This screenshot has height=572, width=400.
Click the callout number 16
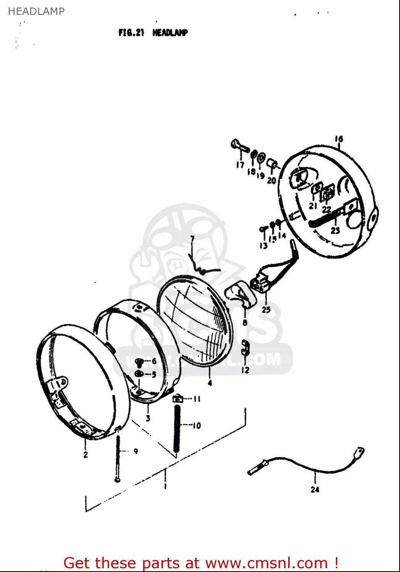(339, 139)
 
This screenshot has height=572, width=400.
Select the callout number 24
(315, 489)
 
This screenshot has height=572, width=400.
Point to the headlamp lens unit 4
(195, 320)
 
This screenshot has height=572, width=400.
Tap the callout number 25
(266, 310)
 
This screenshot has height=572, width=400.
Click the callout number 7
(192, 239)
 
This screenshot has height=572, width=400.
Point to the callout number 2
(85, 454)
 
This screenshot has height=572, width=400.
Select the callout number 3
(148, 418)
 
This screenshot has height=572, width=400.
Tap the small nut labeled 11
(177, 399)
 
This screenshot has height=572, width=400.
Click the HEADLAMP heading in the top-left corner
(36, 11)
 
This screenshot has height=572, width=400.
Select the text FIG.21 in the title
(131, 33)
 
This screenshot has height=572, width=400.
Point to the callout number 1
(165, 486)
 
